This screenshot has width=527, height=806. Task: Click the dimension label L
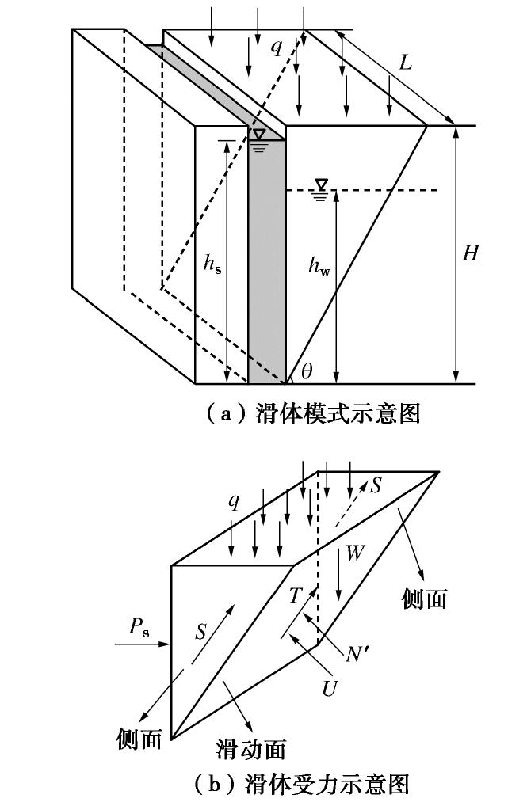405,63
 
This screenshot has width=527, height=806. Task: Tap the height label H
471,254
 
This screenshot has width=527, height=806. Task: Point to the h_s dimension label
212,265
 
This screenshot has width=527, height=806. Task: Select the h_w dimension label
319,265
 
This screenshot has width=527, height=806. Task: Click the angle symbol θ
307,370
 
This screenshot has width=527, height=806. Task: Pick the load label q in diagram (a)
276,47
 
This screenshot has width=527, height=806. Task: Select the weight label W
355,553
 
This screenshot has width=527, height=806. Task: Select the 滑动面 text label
250,748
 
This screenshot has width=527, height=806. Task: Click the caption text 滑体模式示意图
337,413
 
